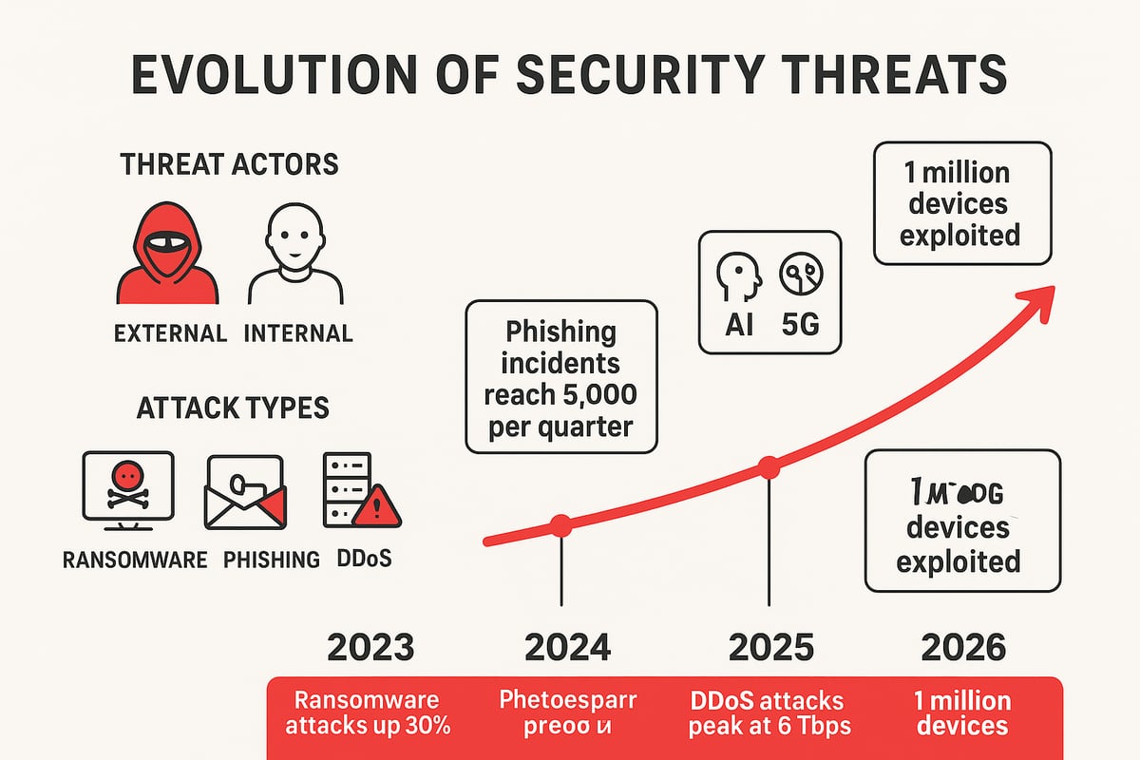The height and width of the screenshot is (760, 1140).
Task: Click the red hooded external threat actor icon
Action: point(166,254)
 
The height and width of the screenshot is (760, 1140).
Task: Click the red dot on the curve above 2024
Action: point(561,524)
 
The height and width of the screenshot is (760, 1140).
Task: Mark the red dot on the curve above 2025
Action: point(769,466)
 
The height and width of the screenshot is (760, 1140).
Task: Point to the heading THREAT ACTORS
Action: point(229,164)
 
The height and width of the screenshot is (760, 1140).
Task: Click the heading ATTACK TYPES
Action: point(233,408)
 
